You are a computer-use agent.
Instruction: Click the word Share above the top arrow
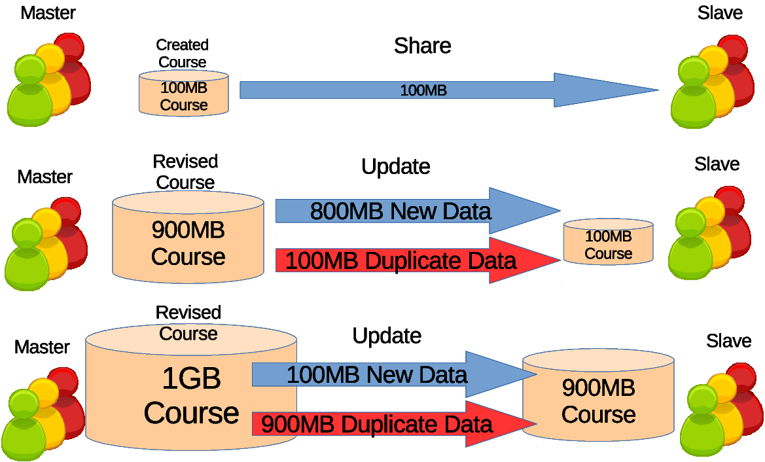tap(423, 46)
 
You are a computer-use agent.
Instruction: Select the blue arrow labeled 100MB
tap(449, 90)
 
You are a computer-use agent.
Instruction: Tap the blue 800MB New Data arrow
tap(418, 211)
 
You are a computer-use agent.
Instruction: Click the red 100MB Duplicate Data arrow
tap(418, 260)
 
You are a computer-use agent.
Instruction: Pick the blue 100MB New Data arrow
tap(394, 374)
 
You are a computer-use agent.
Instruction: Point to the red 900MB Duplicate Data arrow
tap(394, 423)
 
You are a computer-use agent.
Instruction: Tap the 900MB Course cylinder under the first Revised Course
tap(188, 237)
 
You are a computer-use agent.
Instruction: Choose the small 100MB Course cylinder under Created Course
tap(184, 93)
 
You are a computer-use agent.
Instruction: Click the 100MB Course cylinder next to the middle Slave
tap(609, 242)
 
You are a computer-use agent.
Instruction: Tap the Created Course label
tap(183, 53)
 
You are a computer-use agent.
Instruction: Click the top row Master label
tap(48, 12)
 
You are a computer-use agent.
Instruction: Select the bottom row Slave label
tap(728, 340)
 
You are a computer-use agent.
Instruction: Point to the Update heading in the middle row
tap(396, 166)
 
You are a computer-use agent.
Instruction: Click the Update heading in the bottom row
tap(387, 336)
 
